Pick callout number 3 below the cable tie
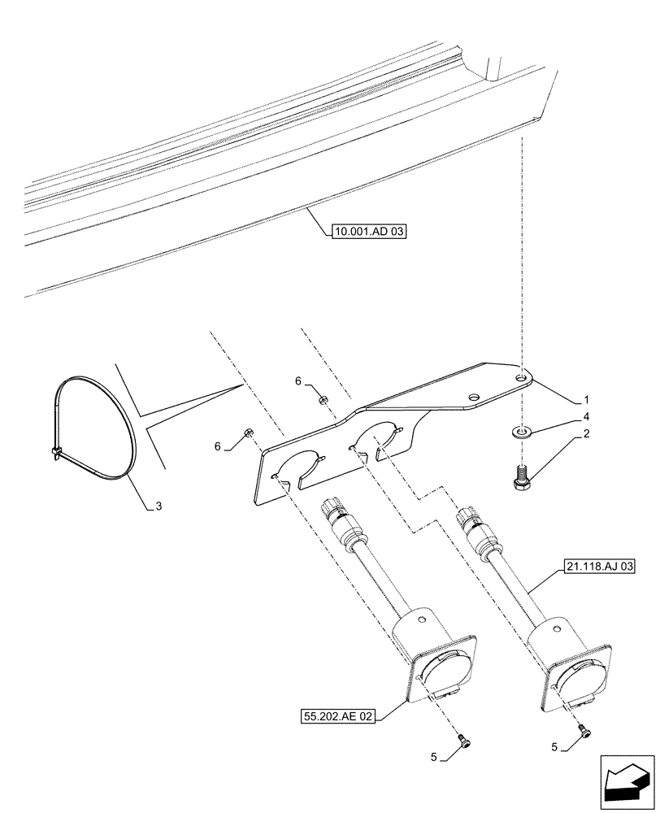[x=159, y=506]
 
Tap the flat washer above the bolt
[x=519, y=429]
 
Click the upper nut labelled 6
[x=323, y=398]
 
